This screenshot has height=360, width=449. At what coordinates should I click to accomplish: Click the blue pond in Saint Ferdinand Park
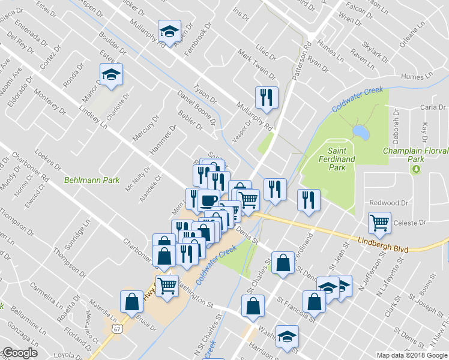[360, 131]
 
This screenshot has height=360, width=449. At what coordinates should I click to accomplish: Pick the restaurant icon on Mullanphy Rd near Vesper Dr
[265, 96]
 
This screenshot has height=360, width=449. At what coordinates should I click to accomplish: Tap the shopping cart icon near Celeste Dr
[380, 223]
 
